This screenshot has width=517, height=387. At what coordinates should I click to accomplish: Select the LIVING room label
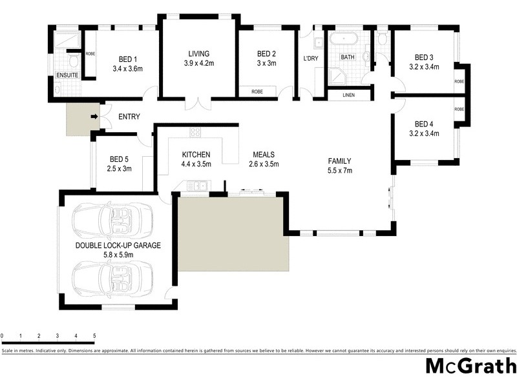click(199, 54)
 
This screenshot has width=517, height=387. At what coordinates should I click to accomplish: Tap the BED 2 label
click(266, 54)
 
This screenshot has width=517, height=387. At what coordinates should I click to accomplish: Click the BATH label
click(348, 57)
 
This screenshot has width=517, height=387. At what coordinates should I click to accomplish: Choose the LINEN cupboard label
click(349, 95)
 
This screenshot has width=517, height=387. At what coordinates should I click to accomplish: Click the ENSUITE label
click(67, 75)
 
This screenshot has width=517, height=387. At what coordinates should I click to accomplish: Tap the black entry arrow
click(94, 117)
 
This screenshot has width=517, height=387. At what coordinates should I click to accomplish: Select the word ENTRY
click(129, 117)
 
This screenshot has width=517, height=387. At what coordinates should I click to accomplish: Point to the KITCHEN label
click(196, 155)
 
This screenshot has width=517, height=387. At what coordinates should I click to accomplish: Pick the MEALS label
click(264, 155)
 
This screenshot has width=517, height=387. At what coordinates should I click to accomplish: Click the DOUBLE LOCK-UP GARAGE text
click(118, 246)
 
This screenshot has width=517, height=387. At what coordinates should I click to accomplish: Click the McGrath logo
click(470, 366)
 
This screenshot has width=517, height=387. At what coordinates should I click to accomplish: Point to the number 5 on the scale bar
click(94, 336)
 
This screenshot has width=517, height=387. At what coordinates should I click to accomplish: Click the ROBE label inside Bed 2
click(257, 92)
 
